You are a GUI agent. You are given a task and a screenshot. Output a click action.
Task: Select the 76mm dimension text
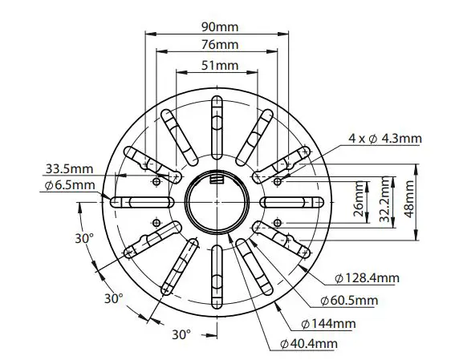[218, 44]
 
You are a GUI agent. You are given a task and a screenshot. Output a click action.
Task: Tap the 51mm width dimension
[218, 64]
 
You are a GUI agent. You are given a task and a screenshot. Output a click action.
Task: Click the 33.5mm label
[69, 170]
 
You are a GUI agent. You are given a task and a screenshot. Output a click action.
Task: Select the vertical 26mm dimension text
[359, 201]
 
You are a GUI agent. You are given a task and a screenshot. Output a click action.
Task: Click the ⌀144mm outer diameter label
[328, 323]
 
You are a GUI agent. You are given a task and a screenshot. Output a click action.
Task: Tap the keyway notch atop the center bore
[217, 177]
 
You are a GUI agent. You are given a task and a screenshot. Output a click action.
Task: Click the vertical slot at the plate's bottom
[217, 280]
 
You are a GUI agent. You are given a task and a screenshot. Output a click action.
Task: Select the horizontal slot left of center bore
[140, 201]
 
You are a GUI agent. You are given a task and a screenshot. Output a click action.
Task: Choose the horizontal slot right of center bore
[294, 201]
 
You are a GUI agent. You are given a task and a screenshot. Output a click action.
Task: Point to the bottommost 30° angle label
[181, 333]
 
